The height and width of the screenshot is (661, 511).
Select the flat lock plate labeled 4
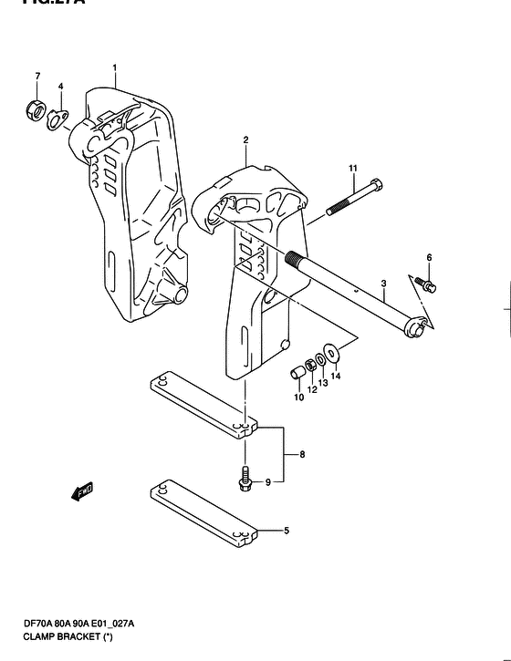(60, 119)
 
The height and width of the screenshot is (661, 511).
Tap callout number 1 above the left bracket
(116, 68)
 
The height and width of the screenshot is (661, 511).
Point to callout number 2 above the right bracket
(246, 140)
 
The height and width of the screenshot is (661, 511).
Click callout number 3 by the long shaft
(384, 284)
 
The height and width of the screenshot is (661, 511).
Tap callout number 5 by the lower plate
(287, 530)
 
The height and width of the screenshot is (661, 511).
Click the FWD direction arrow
(81, 492)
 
